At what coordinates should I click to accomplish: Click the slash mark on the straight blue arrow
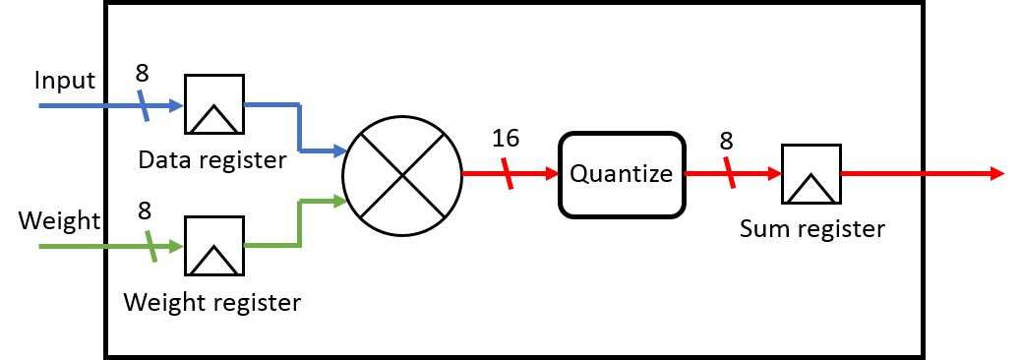coord(144,105)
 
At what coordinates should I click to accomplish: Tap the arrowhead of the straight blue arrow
coord(177,105)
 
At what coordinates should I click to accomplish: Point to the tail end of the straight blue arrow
coord(40,105)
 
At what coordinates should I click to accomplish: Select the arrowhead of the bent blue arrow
coord(340,150)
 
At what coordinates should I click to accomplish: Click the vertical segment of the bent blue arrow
coord(299,127)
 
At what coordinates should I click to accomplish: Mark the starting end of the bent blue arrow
coord(245,103)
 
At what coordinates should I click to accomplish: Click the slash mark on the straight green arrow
coord(151,246)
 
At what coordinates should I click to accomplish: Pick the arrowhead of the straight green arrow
coord(177,246)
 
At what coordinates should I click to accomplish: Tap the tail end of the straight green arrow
coord(40,246)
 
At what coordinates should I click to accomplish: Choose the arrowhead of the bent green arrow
coord(340,201)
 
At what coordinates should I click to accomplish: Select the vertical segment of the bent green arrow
coord(299,223)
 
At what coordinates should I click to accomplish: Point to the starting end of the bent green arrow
coord(245,245)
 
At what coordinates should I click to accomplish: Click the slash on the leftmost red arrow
coord(507,173)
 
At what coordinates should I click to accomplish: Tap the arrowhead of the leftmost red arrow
coord(553,173)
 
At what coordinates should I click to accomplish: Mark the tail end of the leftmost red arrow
coord(463,173)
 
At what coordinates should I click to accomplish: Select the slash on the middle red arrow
coord(730,172)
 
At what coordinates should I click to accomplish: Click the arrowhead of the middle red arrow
coord(776,173)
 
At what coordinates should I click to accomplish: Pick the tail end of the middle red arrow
coord(686,173)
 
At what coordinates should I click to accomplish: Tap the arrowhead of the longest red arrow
coord(998,173)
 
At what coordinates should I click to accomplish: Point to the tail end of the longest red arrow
coord(842,173)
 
